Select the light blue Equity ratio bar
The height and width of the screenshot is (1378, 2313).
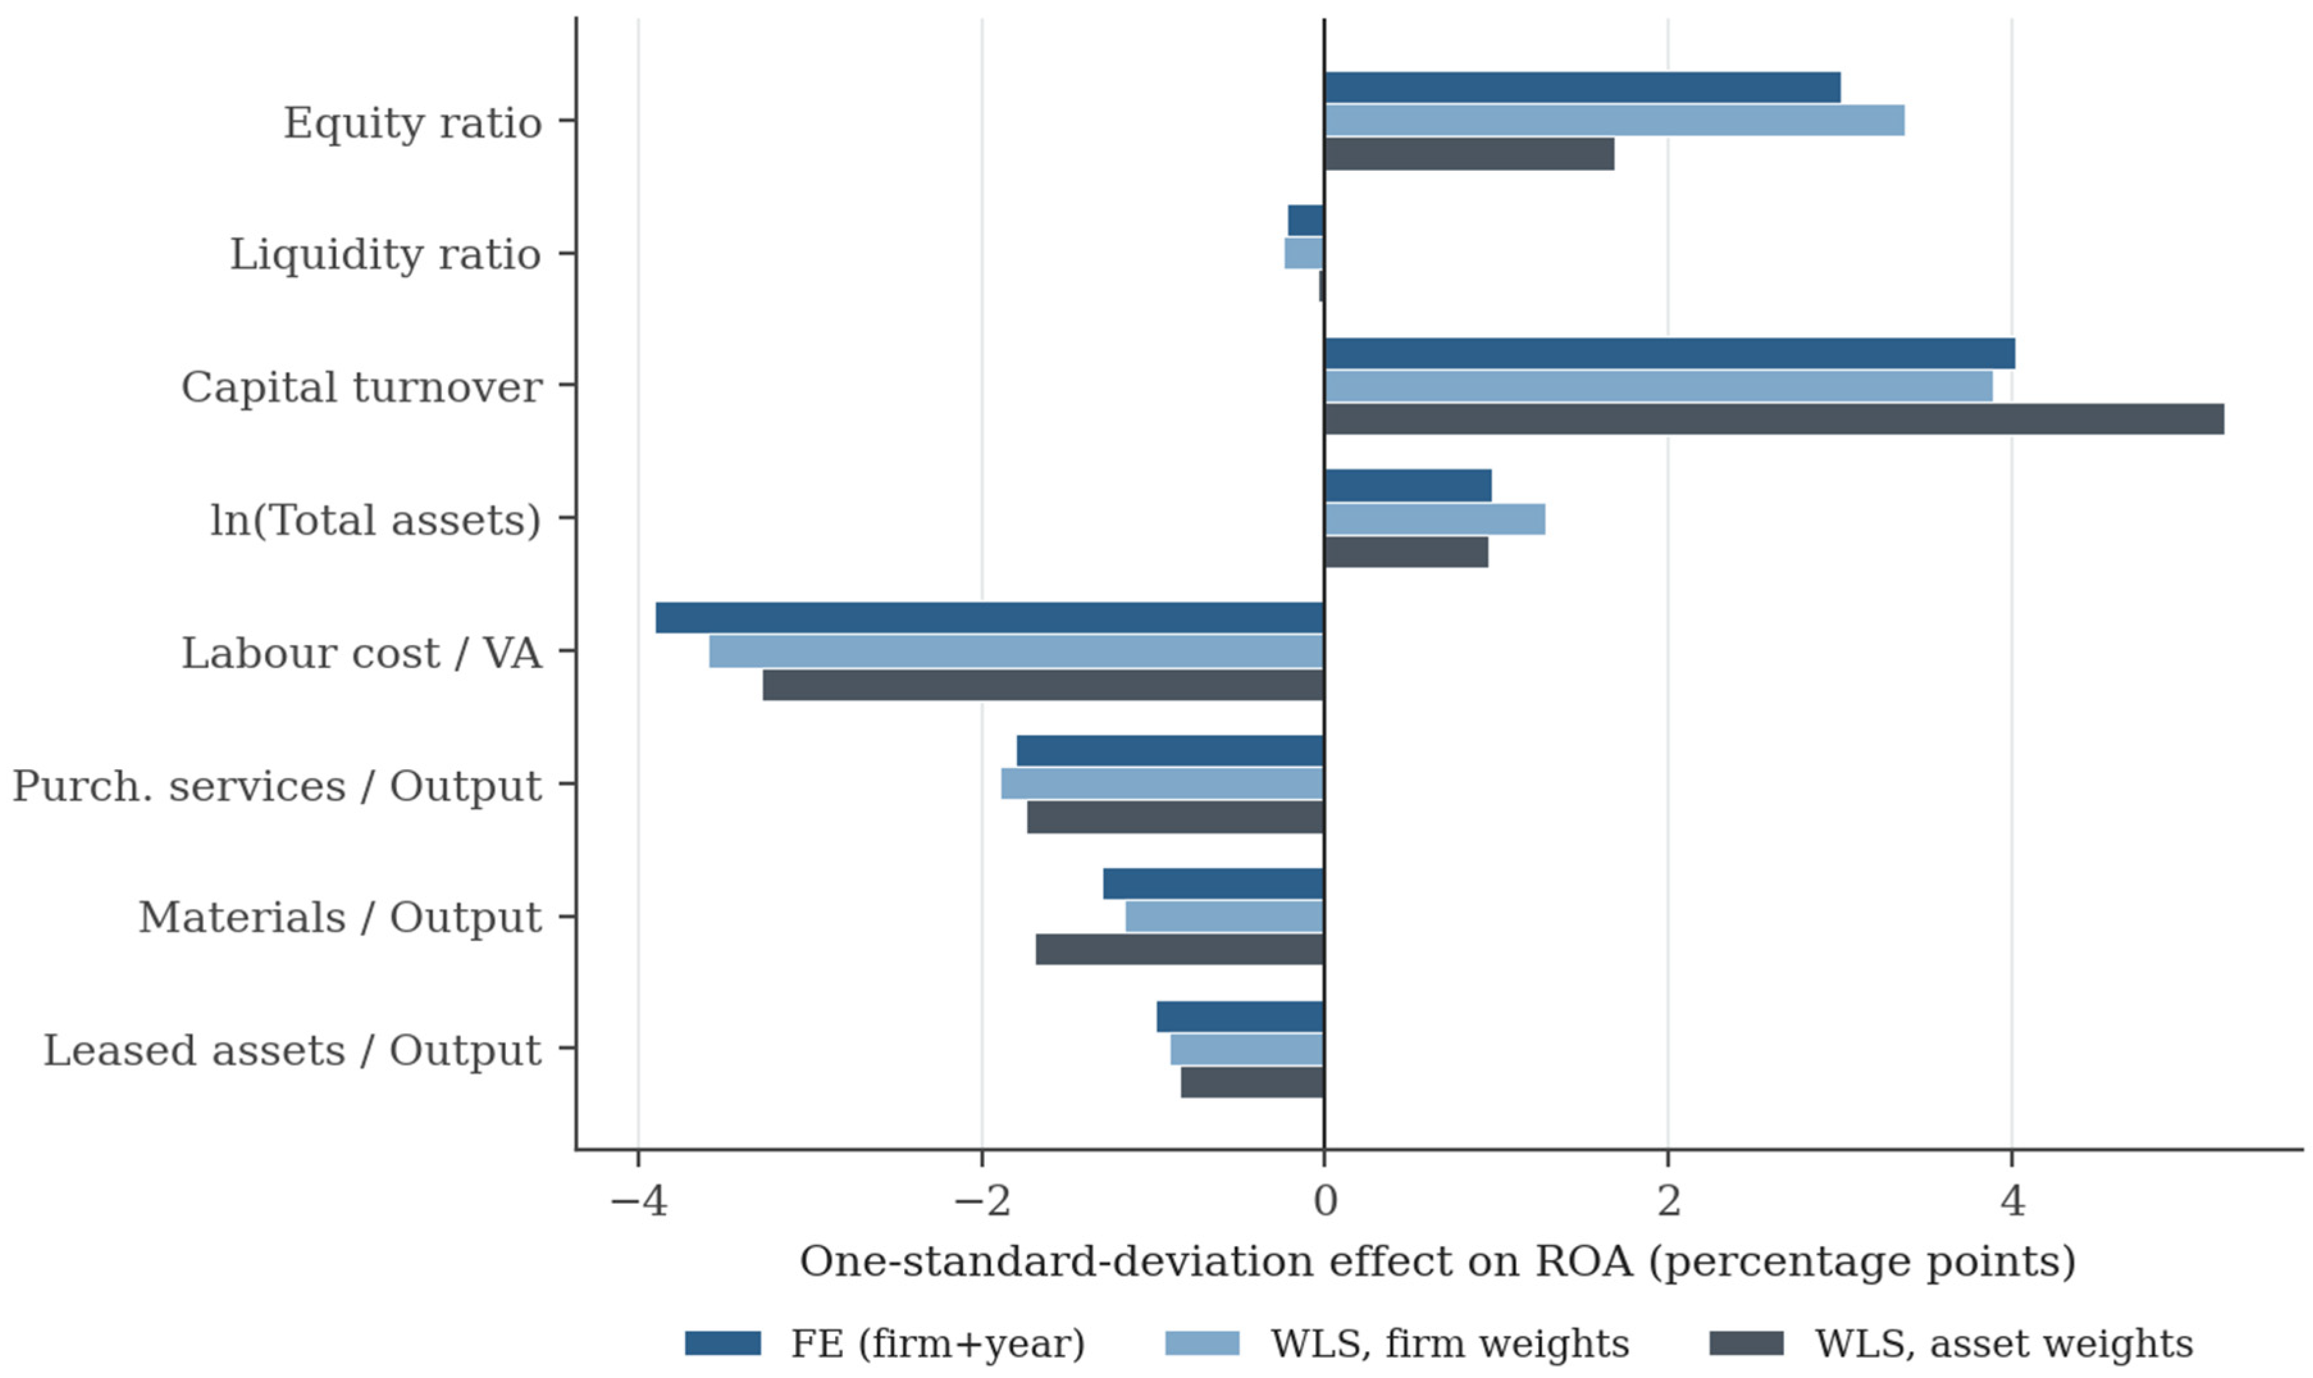coord(1614,121)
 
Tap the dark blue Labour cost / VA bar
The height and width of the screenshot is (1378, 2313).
coord(989,618)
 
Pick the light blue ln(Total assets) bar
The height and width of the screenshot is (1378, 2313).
coord(1435,519)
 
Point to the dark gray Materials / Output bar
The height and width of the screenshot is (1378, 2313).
coord(1180,949)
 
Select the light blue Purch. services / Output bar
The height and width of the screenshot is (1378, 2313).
coord(1162,783)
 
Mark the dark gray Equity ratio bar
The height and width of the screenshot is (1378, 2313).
coord(1470,154)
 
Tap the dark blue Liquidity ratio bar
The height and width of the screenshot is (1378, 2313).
coord(1306,220)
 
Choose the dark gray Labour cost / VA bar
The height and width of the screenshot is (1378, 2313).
coord(1043,684)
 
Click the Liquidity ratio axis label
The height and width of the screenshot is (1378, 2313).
coord(385,255)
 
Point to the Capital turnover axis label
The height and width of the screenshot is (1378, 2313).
coord(361,387)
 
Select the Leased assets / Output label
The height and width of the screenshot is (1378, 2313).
coord(293,1050)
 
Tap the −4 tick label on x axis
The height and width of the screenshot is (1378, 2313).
coord(638,1201)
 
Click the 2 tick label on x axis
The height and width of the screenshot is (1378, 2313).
coord(1668,1201)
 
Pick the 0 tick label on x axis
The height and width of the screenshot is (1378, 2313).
coord(1325,1201)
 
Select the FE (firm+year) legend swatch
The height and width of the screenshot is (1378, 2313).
coord(723,1343)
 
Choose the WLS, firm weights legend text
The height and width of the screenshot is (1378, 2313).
coord(1450,1343)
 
